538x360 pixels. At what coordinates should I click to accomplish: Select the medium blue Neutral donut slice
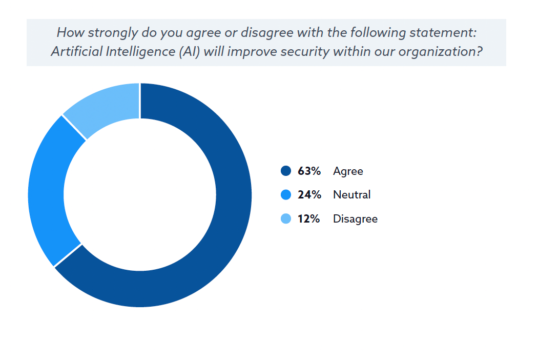[x=46, y=192]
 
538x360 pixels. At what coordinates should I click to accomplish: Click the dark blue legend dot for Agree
[x=286, y=171]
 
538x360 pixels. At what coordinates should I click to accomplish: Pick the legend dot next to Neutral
[x=286, y=194]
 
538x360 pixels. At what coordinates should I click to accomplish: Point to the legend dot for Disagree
[x=286, y=218]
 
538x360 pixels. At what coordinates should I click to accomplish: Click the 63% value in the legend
[x=309, y=171]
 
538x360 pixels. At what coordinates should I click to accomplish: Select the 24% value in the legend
[x=309, y=195]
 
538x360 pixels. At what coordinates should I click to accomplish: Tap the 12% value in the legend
[x=309, y=218]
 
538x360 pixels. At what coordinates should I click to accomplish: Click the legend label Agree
[x=348, y=171]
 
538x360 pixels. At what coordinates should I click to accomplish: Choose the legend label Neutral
[x=351, y=195]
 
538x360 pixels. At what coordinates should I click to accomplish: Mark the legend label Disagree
[x=355, y=219]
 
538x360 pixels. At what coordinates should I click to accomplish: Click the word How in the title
[x=71, y=33]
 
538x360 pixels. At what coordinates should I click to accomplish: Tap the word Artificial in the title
[x=76, y=51]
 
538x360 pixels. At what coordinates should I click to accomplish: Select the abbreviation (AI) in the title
[x=189, y=51]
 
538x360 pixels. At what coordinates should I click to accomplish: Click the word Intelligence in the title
[x=141, y=52]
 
